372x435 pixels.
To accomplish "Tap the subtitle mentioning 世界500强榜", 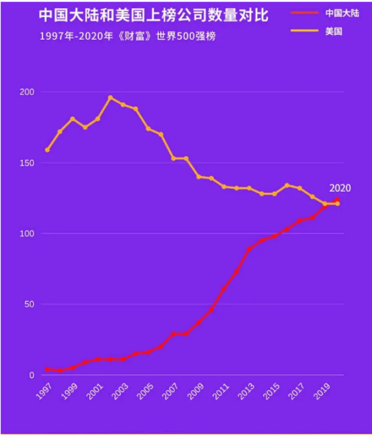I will pyautogui.click(x=127, y=36).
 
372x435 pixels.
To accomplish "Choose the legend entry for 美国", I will pyautogui.click(x=334, y=30).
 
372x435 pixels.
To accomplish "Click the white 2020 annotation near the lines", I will pyautogui.click(x=340, y=188).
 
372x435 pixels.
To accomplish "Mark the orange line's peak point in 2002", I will pyautogui.click(x=111, y=97).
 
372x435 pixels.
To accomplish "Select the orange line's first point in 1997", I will pyautogui.click(x=47, y=150).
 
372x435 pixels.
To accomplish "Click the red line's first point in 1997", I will pyautogui.click(x=47, y=369).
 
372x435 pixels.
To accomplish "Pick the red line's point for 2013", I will pyautogui.click(x=249, y=249).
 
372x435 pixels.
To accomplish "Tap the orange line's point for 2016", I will pyautogui.click(x=287, y=185).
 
